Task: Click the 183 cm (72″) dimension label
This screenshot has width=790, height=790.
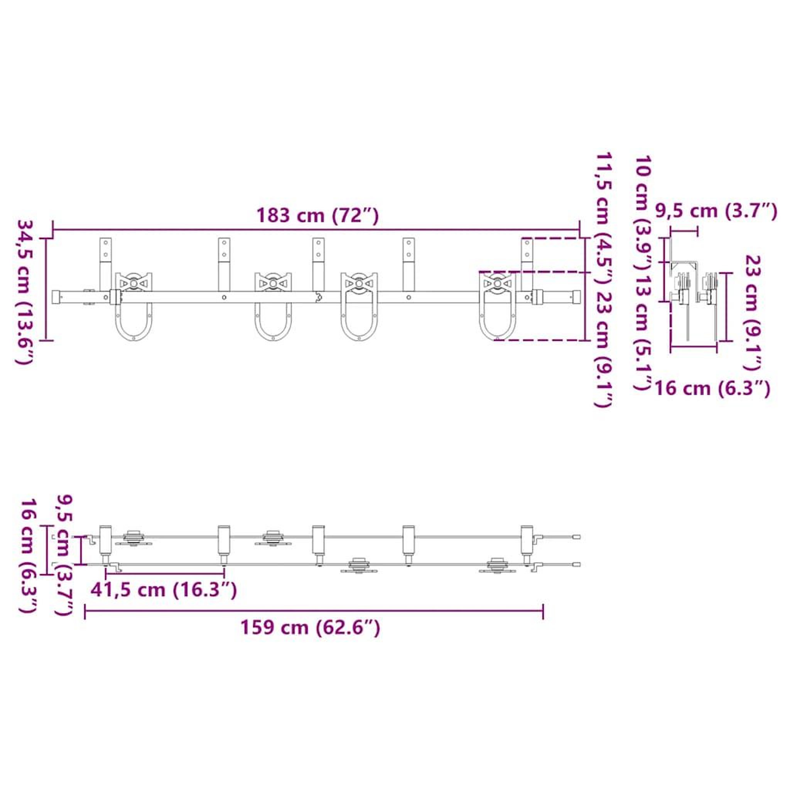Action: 317,216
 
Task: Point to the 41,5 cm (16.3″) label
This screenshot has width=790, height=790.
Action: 164,590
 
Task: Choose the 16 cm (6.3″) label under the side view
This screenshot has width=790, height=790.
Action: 713,387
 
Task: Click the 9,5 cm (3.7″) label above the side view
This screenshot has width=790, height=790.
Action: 716,211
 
